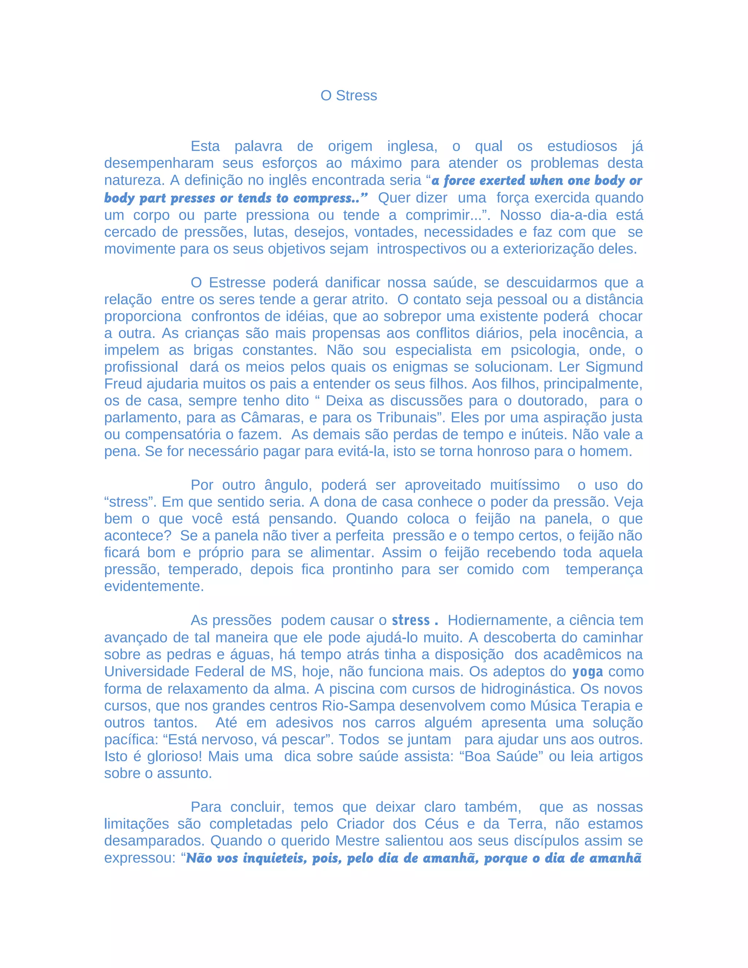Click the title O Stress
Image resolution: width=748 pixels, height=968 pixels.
[348, 95]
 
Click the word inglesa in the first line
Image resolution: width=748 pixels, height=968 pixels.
[412, 146]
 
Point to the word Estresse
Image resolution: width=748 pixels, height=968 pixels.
[237, 282]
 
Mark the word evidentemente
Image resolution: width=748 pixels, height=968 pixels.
[154, 586]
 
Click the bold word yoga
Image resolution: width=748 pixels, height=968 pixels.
[587, 671]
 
